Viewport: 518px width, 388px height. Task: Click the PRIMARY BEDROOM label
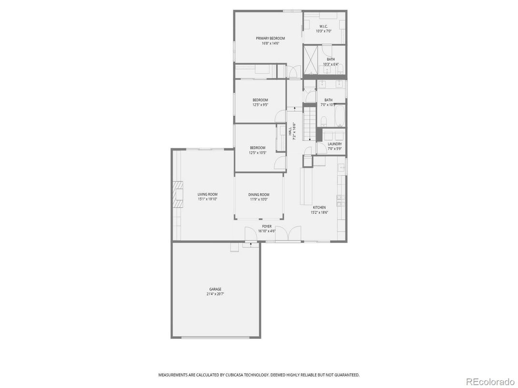(x=270, y=38)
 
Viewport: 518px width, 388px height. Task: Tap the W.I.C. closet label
(x=323, y=26)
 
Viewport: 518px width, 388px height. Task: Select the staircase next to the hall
(x=309, y=124)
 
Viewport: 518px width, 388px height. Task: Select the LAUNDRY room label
(x=334, y=144)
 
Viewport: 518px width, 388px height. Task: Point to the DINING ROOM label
(x=259, y=194)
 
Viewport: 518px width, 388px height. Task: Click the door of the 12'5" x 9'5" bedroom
(x=280, y=116)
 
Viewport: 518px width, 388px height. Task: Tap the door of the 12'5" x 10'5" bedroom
(x=279, y=163)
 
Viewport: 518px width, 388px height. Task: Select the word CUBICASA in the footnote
(x=237, y=375)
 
